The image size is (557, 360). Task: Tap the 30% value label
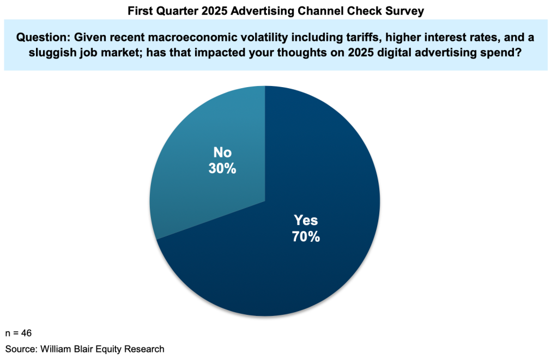pos(222,169)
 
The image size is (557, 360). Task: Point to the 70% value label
pos(306,237)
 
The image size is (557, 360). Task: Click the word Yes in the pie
pos(306,221)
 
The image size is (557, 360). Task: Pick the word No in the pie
pos(222,153)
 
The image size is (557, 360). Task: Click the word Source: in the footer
pos(21,349)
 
